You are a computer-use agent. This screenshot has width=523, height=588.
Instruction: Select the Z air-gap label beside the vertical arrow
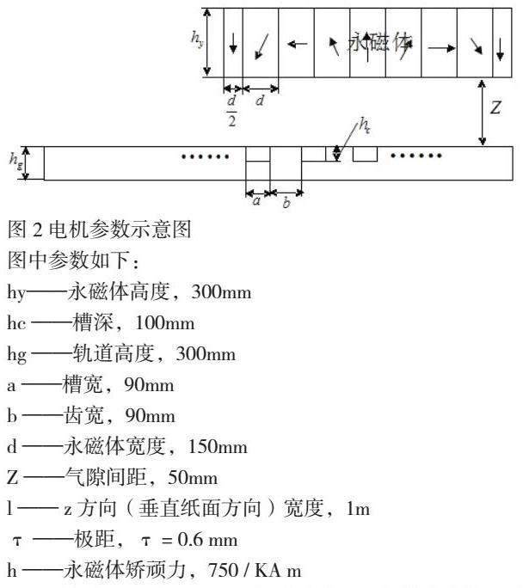(495, 108)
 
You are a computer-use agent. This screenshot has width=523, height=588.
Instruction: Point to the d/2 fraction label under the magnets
(231, 109)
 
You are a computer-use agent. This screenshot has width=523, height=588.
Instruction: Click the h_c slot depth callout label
(366, 126)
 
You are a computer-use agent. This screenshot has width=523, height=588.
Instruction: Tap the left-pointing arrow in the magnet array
(297, 43)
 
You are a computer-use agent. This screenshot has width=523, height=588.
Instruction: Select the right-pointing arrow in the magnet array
(441, 48)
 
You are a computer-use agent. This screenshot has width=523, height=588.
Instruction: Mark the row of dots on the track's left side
(206, 156)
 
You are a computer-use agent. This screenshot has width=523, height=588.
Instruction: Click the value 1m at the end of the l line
(357, 509)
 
